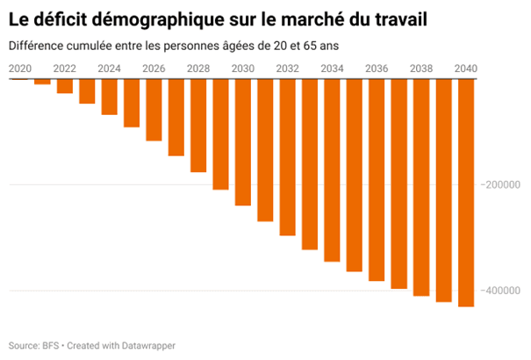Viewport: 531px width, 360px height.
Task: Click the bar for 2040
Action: (466, 192)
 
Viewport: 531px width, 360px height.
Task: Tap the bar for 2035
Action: (354, 175)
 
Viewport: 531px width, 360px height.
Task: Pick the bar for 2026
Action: (153, 110)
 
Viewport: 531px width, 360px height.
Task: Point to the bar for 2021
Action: (41, 82)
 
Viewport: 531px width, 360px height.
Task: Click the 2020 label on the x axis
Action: (19, 68)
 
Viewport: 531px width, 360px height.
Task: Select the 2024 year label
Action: (109, 68)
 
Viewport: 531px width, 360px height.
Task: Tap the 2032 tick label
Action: (287, 68)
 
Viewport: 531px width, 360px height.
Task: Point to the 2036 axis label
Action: (377, 68)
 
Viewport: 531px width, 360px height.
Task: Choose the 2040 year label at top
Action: (466, 68)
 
